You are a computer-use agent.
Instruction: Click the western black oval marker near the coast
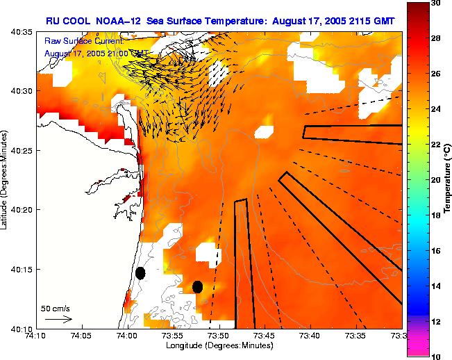(x=140, y=273)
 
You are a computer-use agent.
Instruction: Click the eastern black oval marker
(x=197, y=286)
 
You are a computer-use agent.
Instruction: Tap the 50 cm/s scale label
(x=56, y=308)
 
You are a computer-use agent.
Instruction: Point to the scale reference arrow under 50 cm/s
(x=58, y=319)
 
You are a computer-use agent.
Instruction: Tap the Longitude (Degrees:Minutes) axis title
(x=219, y=345)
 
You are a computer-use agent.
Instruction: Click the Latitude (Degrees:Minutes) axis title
(x=6, y=179)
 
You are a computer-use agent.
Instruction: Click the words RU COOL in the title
(x=66, y=21)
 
